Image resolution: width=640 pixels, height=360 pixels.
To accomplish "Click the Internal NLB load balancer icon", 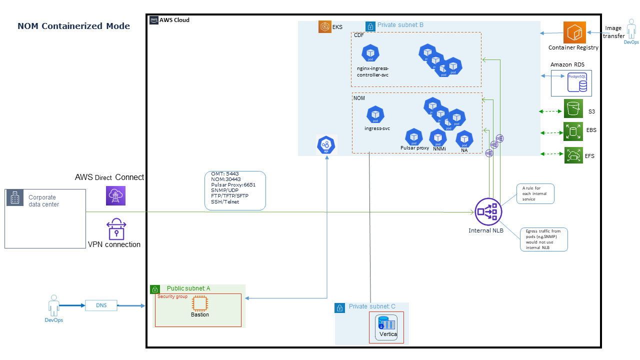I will (488, 211).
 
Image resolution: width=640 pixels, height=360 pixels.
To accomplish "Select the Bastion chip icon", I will (199, 303).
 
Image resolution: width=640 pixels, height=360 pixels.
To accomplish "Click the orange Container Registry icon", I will (574, 32).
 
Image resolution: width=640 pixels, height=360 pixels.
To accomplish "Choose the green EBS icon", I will (573, 132).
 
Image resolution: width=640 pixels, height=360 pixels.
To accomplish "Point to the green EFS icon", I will (573, 155).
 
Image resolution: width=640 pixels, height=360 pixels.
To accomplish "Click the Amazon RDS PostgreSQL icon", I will (576, 82).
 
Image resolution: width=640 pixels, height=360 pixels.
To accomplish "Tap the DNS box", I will (101, 305).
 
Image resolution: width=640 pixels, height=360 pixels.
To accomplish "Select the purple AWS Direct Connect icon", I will (116, 195).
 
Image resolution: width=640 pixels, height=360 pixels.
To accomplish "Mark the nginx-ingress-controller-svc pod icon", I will (370, 53).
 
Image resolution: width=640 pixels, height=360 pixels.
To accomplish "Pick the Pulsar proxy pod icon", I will (414, 136).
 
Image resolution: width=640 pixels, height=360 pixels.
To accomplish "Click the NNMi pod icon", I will (438, 137).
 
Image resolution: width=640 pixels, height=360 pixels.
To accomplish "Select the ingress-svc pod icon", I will (375, 115).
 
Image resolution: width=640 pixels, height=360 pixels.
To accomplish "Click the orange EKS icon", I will (325, 27).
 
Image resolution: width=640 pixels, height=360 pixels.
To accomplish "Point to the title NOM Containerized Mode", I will (74, 26).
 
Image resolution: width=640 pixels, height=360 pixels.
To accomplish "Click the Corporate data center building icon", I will (15, 198).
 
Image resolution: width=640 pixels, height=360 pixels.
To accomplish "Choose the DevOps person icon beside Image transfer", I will (631, 31).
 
